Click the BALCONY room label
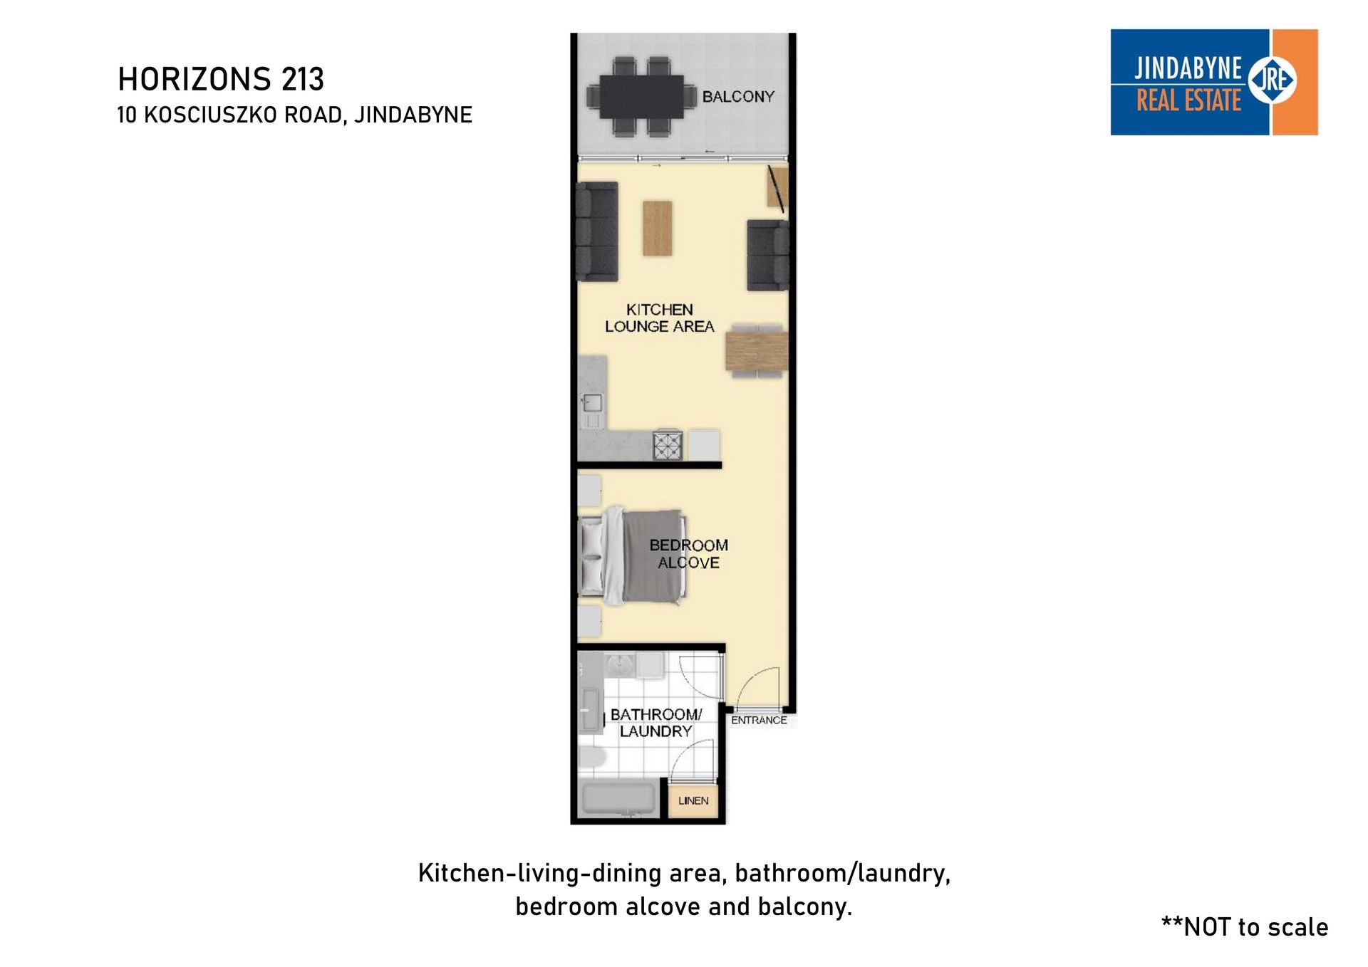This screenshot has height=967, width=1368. pos(738,96)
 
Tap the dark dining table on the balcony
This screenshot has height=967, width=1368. pos(641,96)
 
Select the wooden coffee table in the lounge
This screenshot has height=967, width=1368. pos(657,228)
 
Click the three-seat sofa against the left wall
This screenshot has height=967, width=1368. pos(597,231)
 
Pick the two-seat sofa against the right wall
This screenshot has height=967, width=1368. pos(767,256)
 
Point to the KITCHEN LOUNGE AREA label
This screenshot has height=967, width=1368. pos(659,318)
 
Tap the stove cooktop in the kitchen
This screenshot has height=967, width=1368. pos(668,446)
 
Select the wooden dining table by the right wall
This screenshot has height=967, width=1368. pos(757,349)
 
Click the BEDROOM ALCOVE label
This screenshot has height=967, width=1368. pos(688,554)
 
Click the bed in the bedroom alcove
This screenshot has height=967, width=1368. pos(632,555)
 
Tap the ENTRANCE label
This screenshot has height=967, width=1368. pos(759,720)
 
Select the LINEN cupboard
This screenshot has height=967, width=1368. pos(693,800)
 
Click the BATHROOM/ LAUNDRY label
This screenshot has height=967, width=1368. pos(655,723)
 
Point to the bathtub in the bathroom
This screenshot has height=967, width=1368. pos(618,799)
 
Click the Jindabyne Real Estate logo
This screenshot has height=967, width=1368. pos(1214,82)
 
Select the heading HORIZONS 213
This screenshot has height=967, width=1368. pos(221,79)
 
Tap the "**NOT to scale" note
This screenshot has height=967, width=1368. pos(1245,927)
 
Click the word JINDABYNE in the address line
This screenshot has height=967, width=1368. pos(413,115)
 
